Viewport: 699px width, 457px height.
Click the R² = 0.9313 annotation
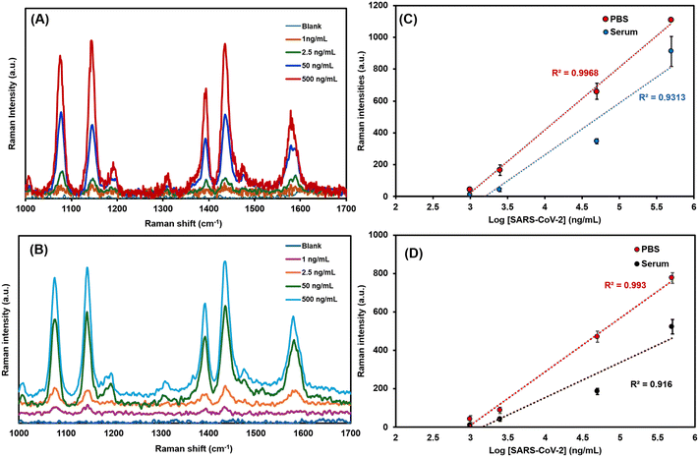click(662, 97)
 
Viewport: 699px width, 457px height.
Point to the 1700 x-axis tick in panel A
click(346, 208)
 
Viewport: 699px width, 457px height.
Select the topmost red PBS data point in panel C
click(670, 20)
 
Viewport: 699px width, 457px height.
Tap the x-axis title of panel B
click(183, 448)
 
